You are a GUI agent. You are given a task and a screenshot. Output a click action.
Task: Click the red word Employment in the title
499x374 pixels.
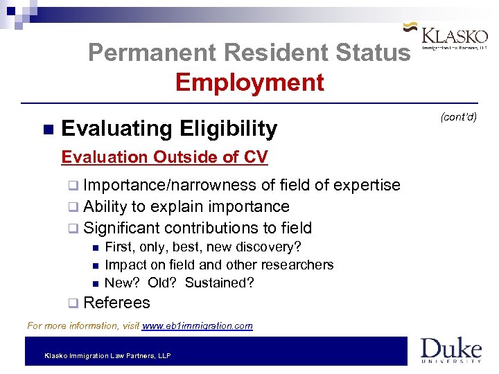(x=249, y=82)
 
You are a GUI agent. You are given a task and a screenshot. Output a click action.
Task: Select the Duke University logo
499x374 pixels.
(x=450, y=350)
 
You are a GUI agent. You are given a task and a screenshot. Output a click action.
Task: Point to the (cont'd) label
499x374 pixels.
(x=459, y=116)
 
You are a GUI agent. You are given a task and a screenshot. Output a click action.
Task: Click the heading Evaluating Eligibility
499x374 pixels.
(x=169, y=128)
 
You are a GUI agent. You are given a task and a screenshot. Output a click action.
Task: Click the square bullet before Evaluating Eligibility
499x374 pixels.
(x=47, y=130)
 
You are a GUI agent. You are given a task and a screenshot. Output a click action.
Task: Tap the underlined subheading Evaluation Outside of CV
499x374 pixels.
(x=164, y=157)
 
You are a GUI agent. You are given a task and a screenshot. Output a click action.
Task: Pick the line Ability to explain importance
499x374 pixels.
(x=186, y=206)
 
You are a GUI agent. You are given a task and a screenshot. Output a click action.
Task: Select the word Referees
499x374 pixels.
(x=116, y=303)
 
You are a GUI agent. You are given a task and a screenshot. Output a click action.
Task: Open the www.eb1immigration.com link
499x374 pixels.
(x=198, y=326)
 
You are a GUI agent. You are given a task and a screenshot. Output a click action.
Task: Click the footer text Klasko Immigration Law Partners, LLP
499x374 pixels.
(x=107, y=356)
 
